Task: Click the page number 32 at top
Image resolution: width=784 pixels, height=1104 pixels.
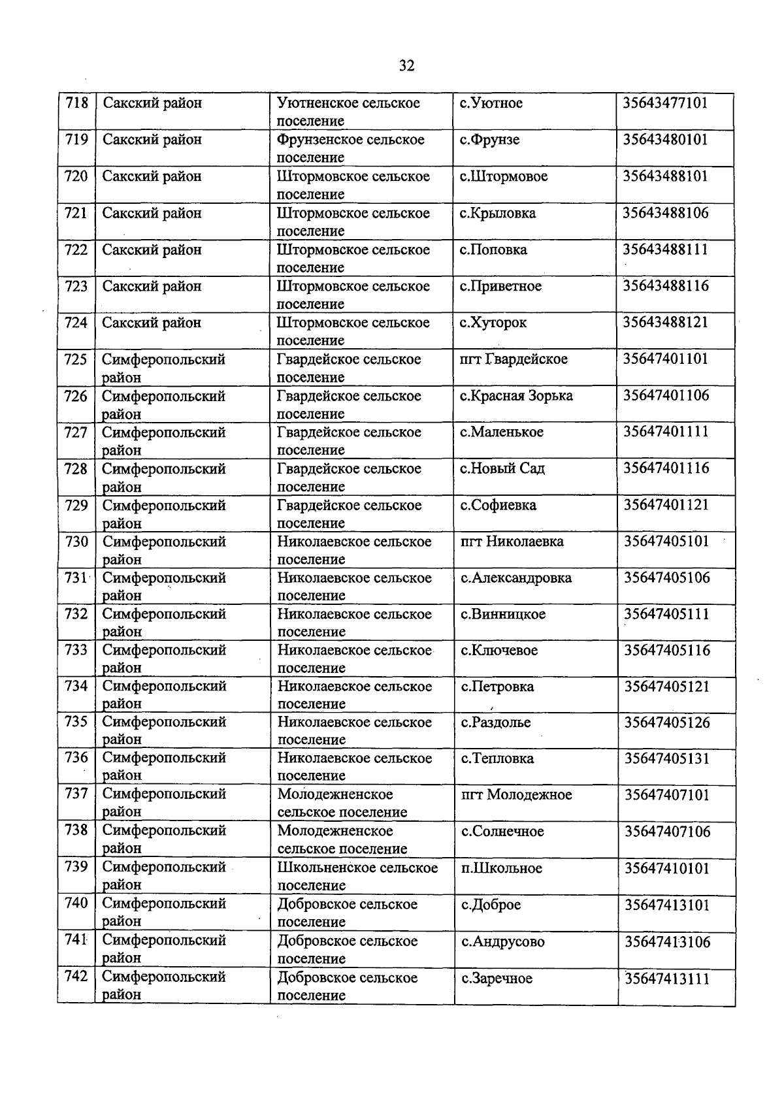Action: pos(406,65)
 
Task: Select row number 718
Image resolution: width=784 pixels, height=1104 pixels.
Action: pos(76,103)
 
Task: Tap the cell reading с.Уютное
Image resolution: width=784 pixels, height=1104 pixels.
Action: pos(491,103)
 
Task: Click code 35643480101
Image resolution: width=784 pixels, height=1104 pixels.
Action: pos(665,140)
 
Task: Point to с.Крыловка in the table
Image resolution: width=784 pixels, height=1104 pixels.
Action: pos(497,214)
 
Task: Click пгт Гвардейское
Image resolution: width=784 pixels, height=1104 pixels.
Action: pos(514,359)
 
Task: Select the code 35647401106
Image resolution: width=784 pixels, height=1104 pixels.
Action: pos(666,396)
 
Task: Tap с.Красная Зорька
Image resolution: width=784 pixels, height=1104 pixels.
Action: pos(516,396)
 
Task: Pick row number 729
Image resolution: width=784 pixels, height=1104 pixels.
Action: pos(76,505)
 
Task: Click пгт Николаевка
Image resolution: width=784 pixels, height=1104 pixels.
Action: pos(512,542)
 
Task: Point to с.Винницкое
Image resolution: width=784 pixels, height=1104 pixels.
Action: pos(502,614)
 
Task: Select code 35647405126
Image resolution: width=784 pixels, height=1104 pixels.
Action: pos(666,722)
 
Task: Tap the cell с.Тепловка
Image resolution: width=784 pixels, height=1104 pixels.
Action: pos(497,758)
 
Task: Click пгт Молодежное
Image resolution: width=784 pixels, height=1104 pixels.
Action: pos(516,795)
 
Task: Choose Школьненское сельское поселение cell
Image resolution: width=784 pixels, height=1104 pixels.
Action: pos(357,876)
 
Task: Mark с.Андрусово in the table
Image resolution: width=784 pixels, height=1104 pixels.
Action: pos(502,941)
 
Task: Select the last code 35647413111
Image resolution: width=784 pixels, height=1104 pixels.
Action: pos(667,979)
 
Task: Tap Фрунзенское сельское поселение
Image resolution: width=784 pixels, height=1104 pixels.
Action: pos(350,148)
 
